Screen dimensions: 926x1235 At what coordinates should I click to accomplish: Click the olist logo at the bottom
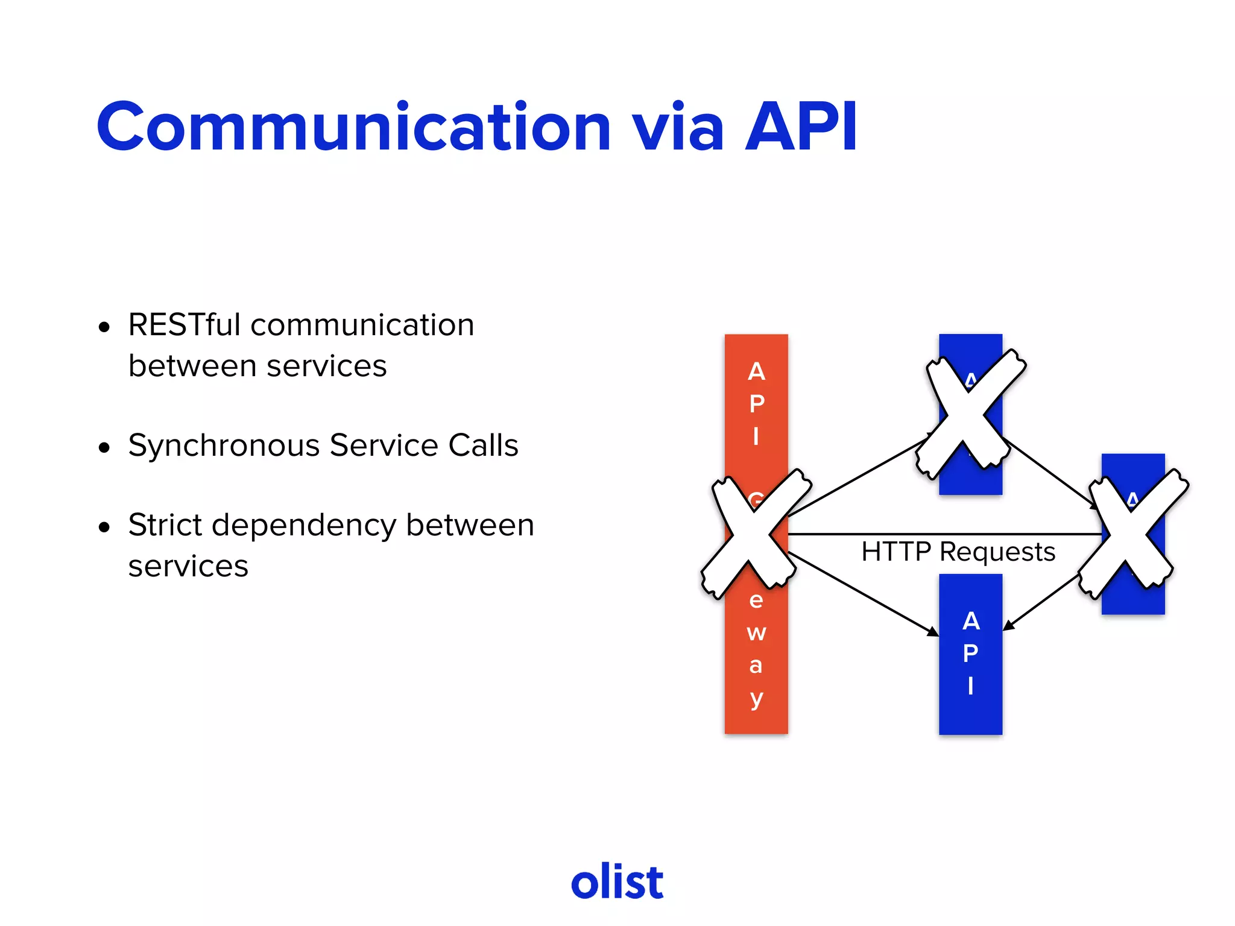[617, 882]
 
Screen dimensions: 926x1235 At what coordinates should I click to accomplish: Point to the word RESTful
[185, 325]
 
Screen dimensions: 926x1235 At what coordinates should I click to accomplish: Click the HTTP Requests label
[958, 552]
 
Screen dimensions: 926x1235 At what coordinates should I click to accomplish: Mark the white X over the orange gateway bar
[755, 533]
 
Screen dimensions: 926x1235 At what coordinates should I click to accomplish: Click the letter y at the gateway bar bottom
[756, 699]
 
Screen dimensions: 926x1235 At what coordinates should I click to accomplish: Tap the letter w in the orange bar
[756, 633]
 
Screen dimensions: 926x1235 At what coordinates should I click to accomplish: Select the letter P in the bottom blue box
[970, 653]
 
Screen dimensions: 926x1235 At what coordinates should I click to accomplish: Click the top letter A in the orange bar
[756, 371]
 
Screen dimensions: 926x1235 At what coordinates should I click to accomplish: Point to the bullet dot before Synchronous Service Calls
[104, 448]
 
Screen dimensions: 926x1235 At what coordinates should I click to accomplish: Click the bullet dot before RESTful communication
[104, 327]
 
